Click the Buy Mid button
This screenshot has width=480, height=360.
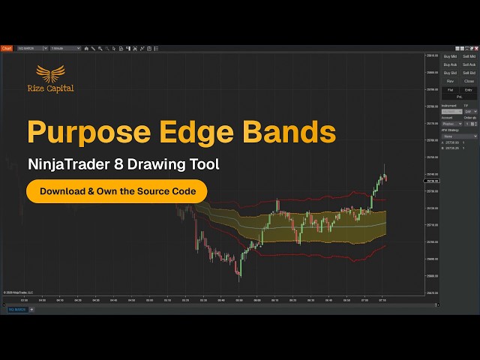coord(450,56)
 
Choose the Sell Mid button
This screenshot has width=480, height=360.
coord(469,56)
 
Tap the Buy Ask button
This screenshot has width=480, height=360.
coord(450,64)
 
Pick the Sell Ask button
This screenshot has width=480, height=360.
coord(469,64)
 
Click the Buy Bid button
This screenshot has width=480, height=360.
coord(450,73)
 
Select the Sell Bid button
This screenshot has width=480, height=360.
coord(469,73)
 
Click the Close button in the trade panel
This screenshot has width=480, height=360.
coord(469,81)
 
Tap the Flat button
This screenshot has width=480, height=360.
coord(450,89)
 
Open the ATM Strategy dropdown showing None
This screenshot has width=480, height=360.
coord(459,136)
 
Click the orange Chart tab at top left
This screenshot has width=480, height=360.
coord(7,48)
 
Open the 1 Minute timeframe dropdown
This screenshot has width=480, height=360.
coord(65,48)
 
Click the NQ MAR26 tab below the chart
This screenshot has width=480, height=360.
coord(17,309)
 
